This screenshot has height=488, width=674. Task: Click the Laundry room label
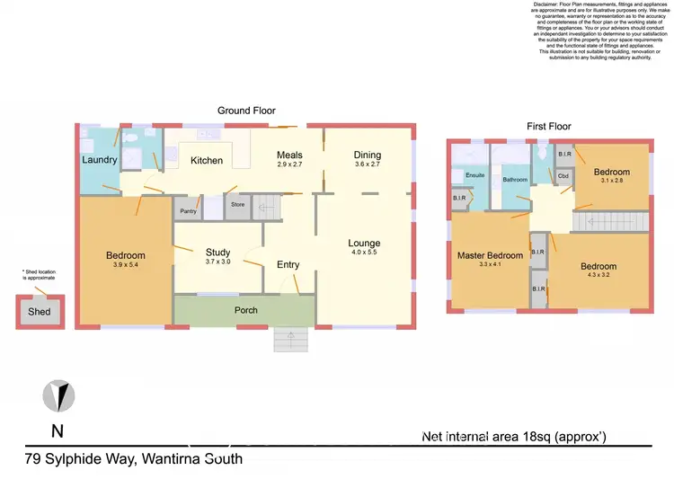point(100,160)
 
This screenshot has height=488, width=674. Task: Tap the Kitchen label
point(206,161)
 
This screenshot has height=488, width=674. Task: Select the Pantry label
point(188,211)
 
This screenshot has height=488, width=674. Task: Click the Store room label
point(237,205)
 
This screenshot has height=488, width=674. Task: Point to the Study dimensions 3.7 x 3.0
point(218,262)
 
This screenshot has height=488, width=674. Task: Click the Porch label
point(245,310)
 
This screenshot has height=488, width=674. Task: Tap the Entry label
point(288,264)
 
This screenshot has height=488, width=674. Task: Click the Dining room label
point(368,155)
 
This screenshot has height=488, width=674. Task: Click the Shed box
point(40,312)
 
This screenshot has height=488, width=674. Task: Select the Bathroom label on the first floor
point(515,180)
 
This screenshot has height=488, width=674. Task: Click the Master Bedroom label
point(490,256)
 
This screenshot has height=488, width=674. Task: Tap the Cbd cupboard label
point(563,175)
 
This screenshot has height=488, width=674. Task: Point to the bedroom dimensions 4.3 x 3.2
point(598,277)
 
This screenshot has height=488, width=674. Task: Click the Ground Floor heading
point(244,111)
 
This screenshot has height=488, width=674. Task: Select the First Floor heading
point(548,127)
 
